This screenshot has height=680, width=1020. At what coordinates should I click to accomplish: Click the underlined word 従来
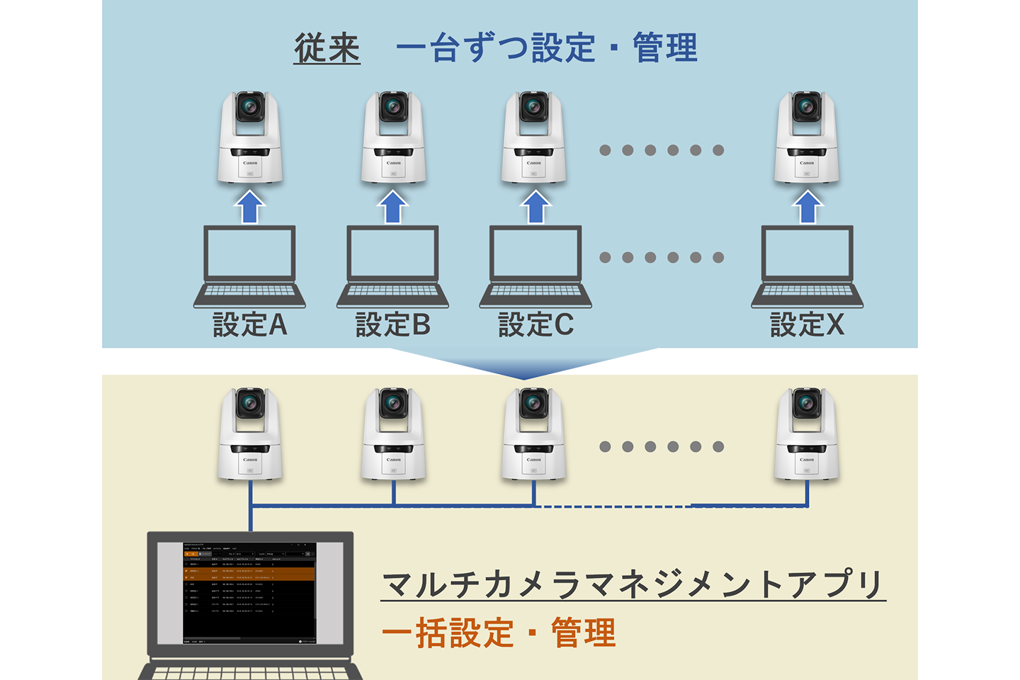pyautogui.click(x=327, y=48)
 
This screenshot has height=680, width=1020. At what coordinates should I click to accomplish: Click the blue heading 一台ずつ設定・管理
pyautogui.click(x=546, y=48)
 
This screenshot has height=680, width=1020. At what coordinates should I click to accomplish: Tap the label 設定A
pyautogui.click(x=249, y=324)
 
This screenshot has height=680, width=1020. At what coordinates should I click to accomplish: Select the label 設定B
pyautogui.click(x=392, y=324)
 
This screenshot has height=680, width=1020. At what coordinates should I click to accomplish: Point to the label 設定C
pyautogui.click(x=535, y=324)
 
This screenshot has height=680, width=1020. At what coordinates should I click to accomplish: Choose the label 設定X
pyautogui.click(x=807, y=324)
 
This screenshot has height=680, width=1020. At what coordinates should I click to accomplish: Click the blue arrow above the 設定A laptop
pyautogui.click(x=249, y=207)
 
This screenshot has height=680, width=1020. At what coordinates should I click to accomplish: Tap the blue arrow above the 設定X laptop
pyautogui.click(x=807, y=207)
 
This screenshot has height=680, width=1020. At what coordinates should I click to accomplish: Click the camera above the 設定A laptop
pyautogui.click(x=249, y=138)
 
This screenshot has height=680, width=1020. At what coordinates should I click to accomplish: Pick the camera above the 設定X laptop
pyautogui.click(x=807, y=138)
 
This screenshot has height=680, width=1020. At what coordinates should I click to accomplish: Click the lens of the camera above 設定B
pyautogui.click(x=393, y=108)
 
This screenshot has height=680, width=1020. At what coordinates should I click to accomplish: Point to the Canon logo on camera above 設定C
pyautogui.click(x=534, y=163)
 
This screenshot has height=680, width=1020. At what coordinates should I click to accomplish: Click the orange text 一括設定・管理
pyautogui.click(x=499, y=633)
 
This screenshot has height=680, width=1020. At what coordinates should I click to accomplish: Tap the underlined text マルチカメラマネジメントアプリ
pyautogui.click(x=633, y=584)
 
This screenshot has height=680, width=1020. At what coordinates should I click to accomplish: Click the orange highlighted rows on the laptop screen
pyautogui.click(x=249, y=574)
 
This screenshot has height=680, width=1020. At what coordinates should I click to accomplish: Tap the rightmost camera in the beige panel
pyautogui.click(x=807, y=435)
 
